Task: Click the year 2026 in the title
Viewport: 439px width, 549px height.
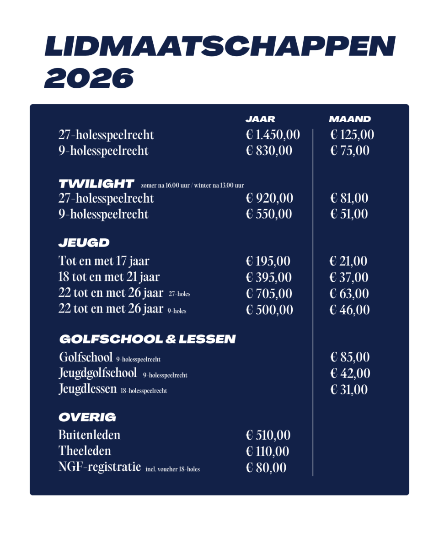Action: click(x=89, y=78)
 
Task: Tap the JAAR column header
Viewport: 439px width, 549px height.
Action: click(x=260, y=119)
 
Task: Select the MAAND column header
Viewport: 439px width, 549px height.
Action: click(x=350, y=119)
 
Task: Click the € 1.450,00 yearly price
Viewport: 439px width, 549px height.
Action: click(x=273, y=135)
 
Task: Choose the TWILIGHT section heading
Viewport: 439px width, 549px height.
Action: click(x=96, y=184)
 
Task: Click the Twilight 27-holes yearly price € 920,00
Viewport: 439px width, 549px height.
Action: click(x=269, y=199)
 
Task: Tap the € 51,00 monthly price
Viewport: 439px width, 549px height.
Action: click(x=349, y=215)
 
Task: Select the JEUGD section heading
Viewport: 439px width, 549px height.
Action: click(x=84, y=243)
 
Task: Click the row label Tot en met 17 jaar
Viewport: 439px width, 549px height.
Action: click(x=104, y=261)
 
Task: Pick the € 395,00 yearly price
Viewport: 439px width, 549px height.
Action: click(x=269, y=278)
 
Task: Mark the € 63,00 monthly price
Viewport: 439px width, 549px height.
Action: click(x=349, y=294)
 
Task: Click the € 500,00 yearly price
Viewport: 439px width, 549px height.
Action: click(x=269, y=310)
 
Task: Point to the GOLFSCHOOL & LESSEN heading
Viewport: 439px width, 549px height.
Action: click(x=147, y=339)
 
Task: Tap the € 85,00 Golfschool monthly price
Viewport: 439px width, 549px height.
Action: click(x=350, y=357)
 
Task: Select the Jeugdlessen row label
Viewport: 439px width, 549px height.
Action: click(x=88, y=389)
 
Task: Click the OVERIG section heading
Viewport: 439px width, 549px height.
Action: click(x=87, y=417)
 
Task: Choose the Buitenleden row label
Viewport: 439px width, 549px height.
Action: click(x=90, y=435)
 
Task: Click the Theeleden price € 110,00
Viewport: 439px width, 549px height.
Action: click(x=268, y=452)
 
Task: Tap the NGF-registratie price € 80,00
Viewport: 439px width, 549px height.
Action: click(x=266, y=468)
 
